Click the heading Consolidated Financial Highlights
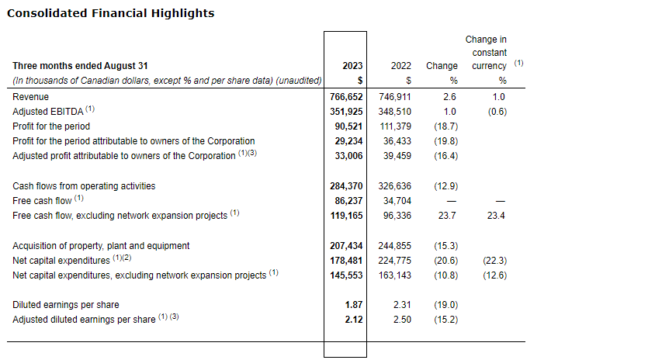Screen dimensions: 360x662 click(110, 13)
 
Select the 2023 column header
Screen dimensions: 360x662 click(352, 67)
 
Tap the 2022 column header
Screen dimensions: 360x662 click(400, 67)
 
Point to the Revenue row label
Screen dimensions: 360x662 click(31, 97)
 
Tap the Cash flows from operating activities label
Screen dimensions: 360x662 click(84, 186)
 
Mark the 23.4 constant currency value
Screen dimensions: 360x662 click(496, 216)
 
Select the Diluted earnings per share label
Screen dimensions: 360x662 click(66, 305)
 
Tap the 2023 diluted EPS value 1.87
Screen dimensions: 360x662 click(355, 305)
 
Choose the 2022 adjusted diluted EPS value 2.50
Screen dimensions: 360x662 click(402, 320)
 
